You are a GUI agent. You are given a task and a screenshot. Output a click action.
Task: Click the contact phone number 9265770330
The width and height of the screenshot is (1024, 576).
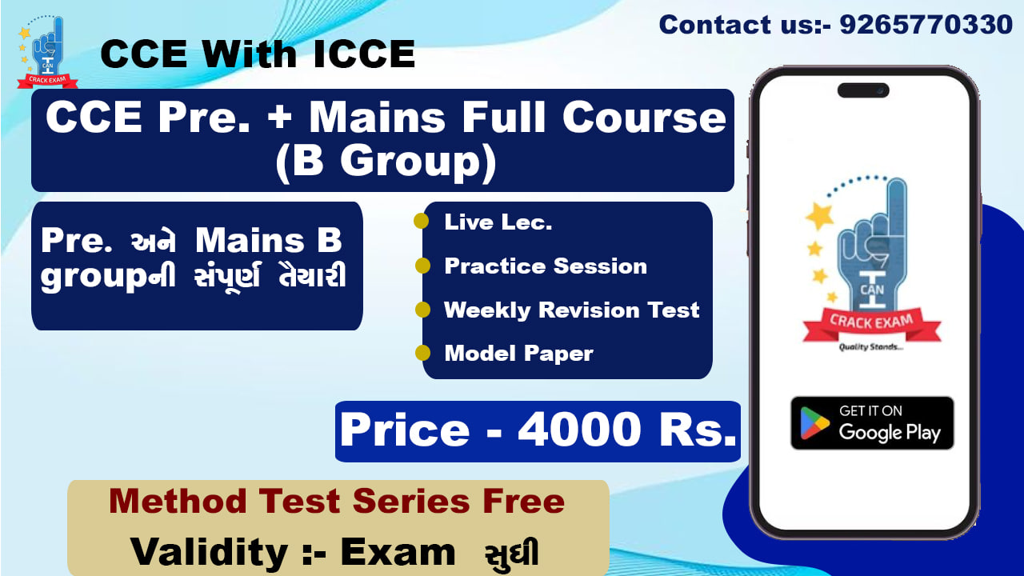tap(926, 25)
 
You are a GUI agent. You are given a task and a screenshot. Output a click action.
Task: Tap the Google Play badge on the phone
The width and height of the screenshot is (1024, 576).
tap(872, 422)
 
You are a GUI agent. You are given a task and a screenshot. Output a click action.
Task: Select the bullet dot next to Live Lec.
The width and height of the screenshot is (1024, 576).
tap(422, 222)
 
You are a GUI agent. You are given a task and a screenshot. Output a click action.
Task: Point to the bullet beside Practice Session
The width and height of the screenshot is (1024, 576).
tap(423, 265)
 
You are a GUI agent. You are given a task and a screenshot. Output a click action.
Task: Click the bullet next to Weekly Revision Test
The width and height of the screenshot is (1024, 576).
tap(423, 309)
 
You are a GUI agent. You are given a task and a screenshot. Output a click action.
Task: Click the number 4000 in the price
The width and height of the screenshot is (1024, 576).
tap(578, 431)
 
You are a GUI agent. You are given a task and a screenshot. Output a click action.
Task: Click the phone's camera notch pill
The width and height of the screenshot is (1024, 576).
tap(863, 90)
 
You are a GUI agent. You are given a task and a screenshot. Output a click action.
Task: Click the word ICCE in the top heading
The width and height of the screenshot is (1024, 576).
tap(370, 54)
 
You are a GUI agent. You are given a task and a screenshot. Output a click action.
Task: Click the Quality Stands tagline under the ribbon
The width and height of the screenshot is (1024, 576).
tap(870, 347)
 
